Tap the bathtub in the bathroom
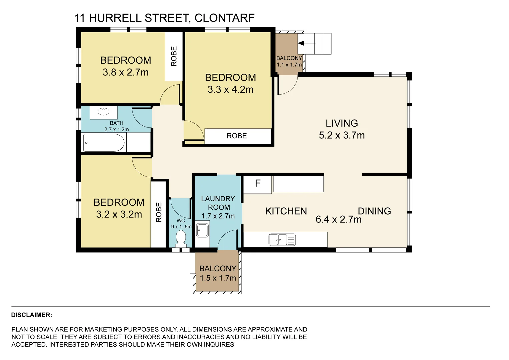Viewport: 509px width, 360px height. pos(104,143)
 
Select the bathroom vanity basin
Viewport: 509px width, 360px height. pos(103,112)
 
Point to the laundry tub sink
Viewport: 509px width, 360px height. pos(202,230)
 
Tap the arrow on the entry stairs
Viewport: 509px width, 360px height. pos(307,43)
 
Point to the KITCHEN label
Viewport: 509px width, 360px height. pos(286,211)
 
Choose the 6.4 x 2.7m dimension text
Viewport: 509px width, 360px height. pos(339,220)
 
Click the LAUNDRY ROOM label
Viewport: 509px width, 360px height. pos(218,203)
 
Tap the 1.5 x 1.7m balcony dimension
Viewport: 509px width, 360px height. pos(218,278)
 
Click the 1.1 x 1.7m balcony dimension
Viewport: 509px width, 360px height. pos(289,65)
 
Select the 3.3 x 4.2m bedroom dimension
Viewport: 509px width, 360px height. pos(230,90)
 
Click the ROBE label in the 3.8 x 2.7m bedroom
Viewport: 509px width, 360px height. pos(174,56)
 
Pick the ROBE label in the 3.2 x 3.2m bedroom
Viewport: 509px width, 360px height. pos(159,212)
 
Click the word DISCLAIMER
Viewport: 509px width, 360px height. pos(32,315)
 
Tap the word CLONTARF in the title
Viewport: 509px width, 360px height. pos(225,18)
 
